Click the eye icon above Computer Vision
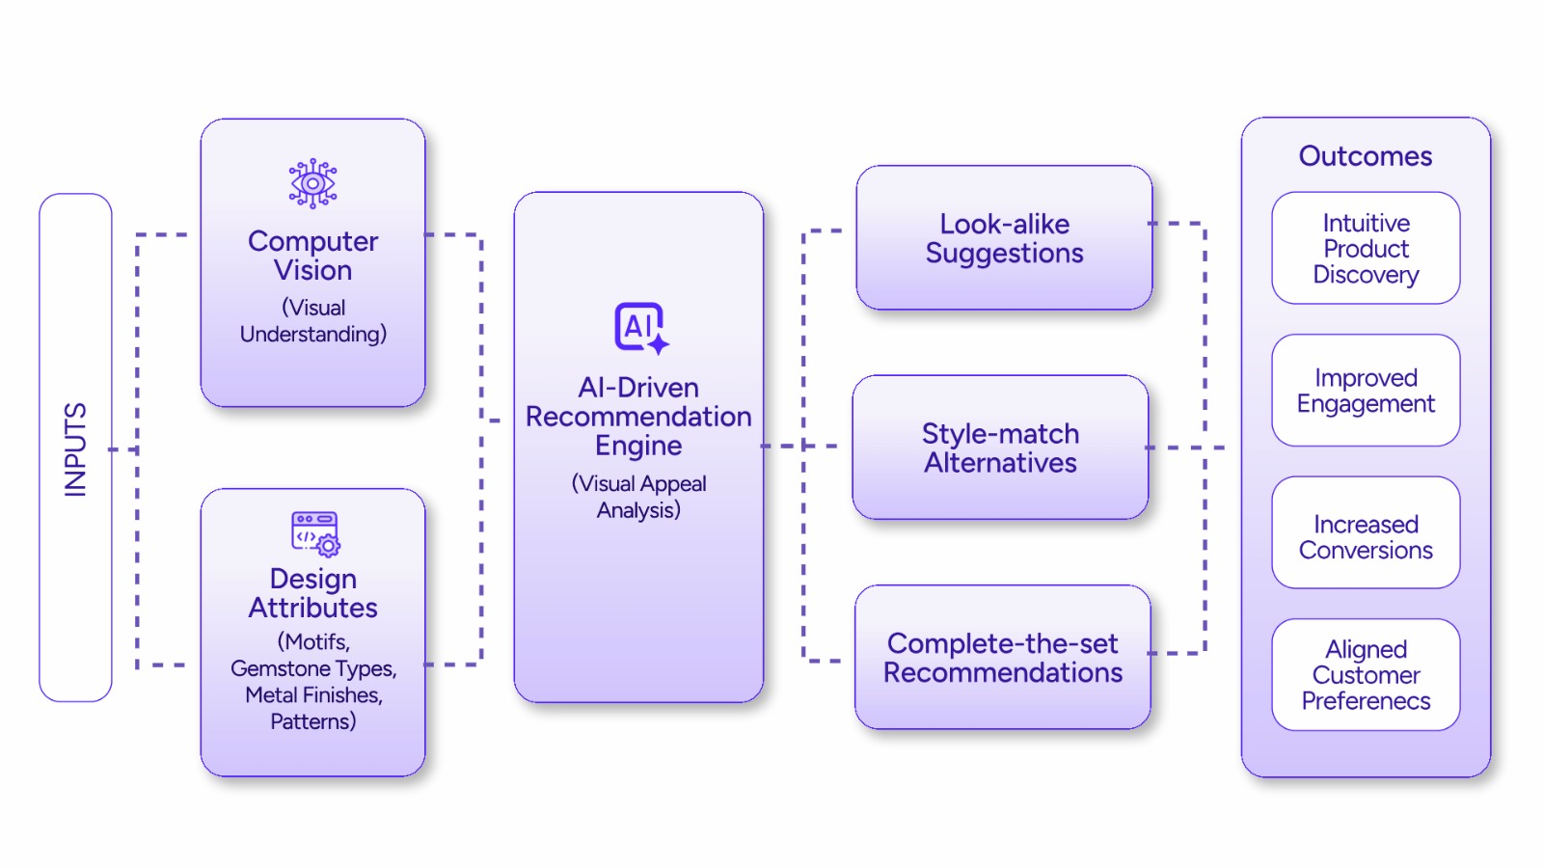coord(312,183)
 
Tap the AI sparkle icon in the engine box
coord(641,328)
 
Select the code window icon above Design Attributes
coord(314,533)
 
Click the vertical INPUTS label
coord(75,449)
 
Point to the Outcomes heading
coord(1365,156)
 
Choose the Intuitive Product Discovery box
coord(1365,249)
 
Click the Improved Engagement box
coord(1365,391)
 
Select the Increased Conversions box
coord(1365,537)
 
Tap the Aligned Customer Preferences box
coord(1365,675)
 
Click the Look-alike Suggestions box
coord(1004,238)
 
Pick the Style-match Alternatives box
coord(1000,448)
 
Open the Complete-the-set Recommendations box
coord(1002,658)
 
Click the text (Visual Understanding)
coord(312,321)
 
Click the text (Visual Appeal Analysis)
coord(638,497)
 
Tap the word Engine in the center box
coord(638,446)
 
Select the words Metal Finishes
coord(312,694)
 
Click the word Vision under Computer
coord(312,271)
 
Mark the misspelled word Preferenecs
coord(1365,701)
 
